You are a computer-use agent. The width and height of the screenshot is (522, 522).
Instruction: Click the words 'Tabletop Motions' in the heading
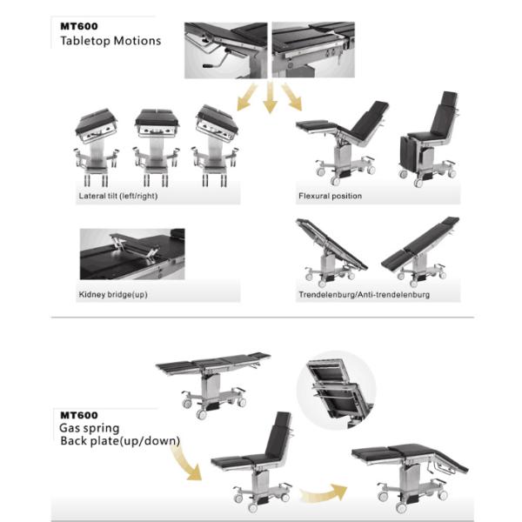[x=110, y=41]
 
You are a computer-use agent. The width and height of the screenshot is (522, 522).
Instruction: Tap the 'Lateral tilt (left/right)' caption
[x=118, y=196]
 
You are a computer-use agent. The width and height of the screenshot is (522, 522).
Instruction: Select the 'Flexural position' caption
[x=330, y=196]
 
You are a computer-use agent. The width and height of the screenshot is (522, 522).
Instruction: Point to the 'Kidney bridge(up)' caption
[x=113, y=294]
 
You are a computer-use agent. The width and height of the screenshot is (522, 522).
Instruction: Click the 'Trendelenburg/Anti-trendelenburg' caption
[x=365, y=295]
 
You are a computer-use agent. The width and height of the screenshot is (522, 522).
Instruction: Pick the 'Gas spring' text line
[x=90, y=428]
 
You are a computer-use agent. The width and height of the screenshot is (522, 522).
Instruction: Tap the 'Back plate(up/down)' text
[x=120, y=441]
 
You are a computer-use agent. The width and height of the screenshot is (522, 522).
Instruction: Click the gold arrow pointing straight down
[x=270, y=97]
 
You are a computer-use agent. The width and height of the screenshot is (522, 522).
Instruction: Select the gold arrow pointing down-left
[x=247, y=97]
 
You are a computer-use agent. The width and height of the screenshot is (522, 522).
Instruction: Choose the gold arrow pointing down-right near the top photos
[x=292, y=97]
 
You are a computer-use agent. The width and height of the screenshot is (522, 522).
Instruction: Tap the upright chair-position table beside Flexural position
[x=429, y=138]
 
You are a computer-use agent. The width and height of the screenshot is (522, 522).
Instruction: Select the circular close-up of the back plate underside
[x=336, y=390]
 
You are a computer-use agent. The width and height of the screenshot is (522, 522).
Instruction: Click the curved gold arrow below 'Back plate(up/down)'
[x=186, y=465]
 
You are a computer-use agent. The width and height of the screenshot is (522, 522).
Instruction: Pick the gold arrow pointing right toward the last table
[x=323, y=492]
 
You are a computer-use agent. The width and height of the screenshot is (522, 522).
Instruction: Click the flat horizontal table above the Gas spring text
[x=213, y=383]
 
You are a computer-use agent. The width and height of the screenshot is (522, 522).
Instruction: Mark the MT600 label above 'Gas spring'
[x=79, y=415]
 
